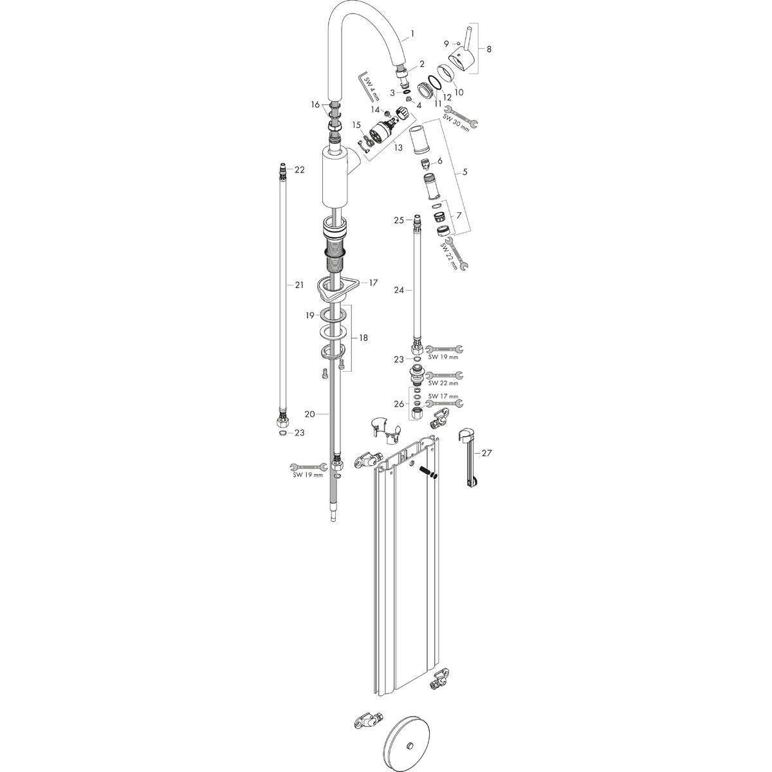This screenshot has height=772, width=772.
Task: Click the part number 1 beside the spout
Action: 412,33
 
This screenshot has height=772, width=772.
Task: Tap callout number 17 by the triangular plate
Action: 373,282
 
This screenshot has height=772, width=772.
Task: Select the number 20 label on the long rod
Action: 309,414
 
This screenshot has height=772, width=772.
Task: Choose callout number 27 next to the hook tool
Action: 486,454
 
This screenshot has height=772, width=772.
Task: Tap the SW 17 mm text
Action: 445,396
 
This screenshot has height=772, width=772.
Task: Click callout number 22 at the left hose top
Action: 300,170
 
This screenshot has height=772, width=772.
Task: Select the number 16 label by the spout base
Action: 315,105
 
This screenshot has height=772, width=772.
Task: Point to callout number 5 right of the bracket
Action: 464,173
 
